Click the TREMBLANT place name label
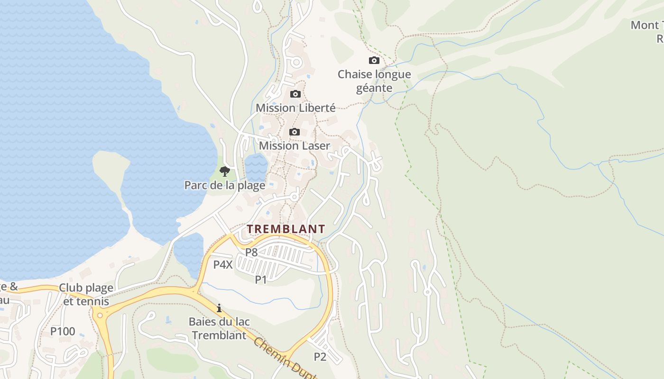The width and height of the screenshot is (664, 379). coord(286,229)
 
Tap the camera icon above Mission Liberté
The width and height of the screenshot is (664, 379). coord(295,94)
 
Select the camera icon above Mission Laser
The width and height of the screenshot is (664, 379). coord(295,132)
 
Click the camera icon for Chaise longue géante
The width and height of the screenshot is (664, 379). coord(374,61)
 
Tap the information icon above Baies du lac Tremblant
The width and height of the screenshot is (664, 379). coord(219,308)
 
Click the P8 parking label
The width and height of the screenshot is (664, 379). coord(251,253)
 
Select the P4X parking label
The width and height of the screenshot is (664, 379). coord(223,265)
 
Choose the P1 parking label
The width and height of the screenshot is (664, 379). coord(261,280)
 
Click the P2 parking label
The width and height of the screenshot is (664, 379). coord(320,357)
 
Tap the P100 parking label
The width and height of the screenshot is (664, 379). coord(63,332)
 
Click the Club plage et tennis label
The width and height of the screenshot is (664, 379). coord(86,294)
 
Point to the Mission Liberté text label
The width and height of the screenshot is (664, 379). coord(295,108)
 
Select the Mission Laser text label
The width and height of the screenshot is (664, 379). coord(294,146)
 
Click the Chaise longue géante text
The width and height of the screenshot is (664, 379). coord(374,81)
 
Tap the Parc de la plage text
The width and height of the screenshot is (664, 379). coord(225,185)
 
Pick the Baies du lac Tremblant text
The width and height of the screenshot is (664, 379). coord(219,328)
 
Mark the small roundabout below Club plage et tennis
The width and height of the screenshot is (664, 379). coord(99,314)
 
